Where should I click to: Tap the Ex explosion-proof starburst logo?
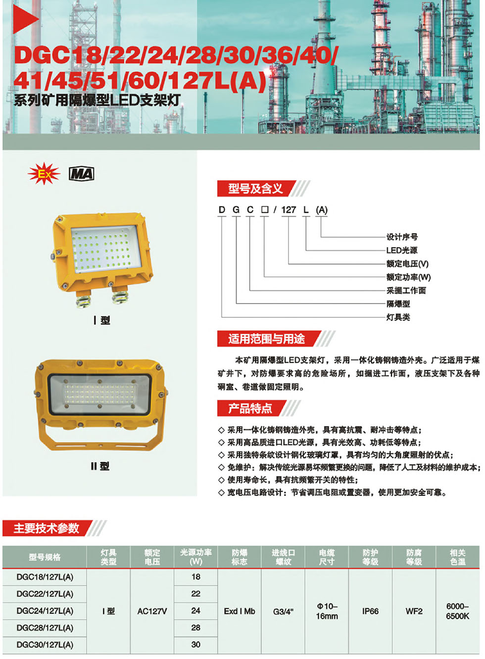pos(44,174)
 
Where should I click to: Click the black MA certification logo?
pos(81,174)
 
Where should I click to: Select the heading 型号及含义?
pos(255,188)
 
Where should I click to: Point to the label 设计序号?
pos(402,237)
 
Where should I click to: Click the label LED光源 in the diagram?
pos(402,250)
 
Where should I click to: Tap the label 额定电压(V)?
pos(407,264)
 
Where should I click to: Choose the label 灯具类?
pos(398,317)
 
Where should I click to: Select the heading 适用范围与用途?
pos(266,339)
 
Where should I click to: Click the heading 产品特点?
pos(250,408)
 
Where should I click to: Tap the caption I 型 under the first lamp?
pos(102,320)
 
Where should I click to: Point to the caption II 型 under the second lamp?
pos(100,466)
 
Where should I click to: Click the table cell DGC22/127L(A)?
pos(45,594)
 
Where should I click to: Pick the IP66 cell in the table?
pos(370,611)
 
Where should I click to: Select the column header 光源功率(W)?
pos(196,557)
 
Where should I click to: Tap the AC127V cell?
pos(152,612)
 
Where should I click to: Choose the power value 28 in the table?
pos(196,627)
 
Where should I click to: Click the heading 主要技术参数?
pos(47,528)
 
